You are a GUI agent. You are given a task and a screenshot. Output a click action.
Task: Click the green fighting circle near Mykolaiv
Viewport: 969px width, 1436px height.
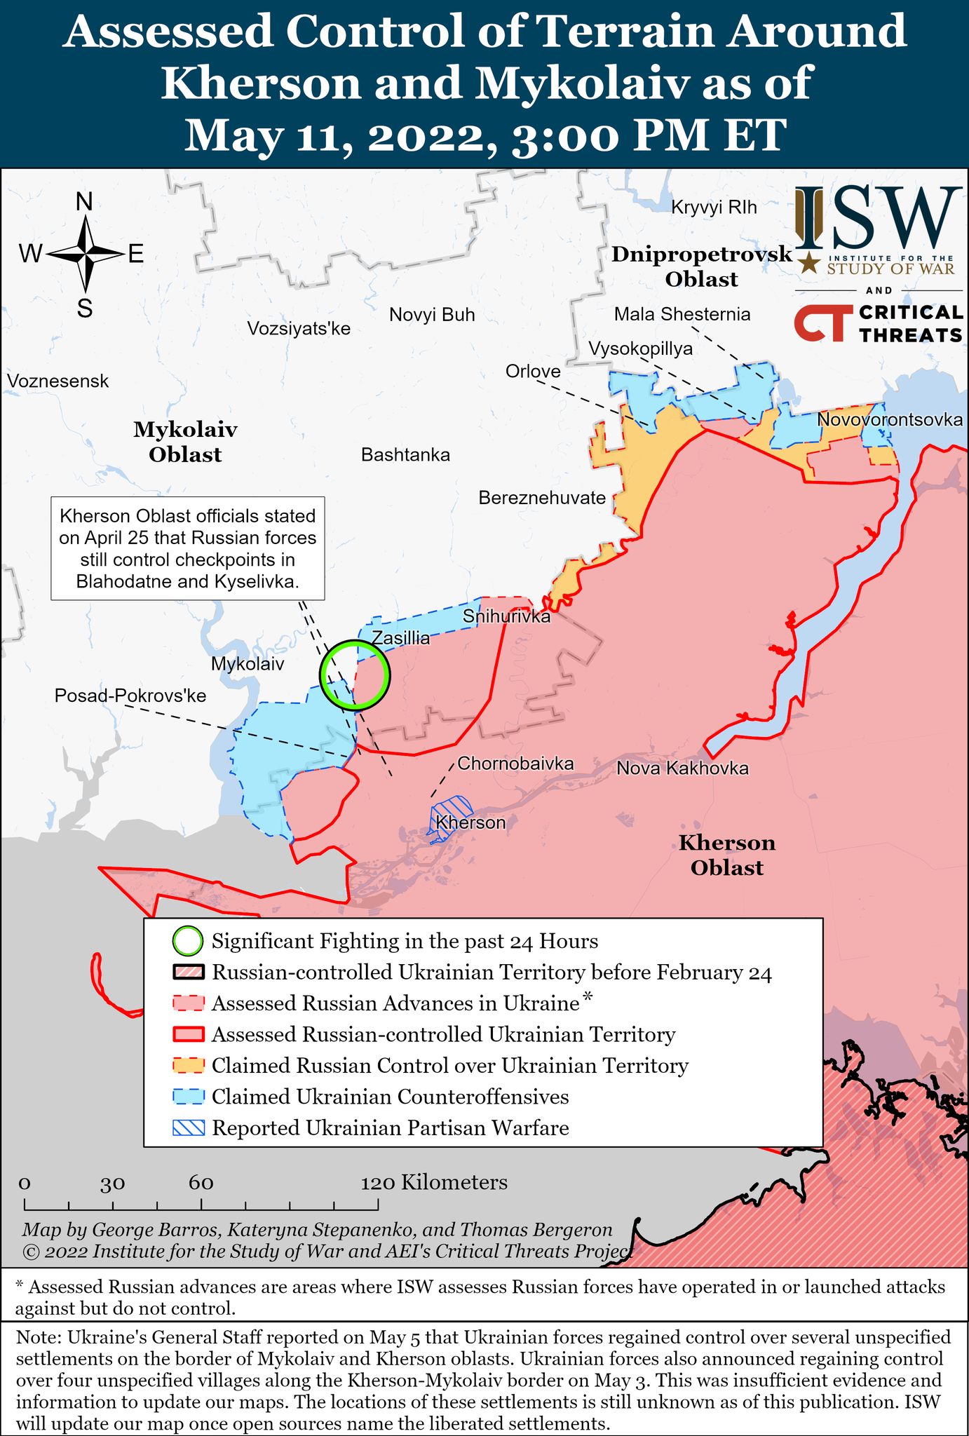[354, 675]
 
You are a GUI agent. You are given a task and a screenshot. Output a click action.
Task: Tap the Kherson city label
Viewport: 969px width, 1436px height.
[470, 822]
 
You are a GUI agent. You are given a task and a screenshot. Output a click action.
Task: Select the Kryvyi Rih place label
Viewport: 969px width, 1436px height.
[714, 207]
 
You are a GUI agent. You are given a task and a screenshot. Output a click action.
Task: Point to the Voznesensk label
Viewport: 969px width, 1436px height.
[58, 381]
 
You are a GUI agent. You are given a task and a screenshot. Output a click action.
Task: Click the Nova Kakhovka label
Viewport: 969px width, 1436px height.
[682, 768]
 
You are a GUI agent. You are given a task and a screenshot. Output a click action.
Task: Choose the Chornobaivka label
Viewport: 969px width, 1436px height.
[515, 764]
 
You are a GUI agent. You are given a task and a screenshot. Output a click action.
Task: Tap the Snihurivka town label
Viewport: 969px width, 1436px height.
[506, 617]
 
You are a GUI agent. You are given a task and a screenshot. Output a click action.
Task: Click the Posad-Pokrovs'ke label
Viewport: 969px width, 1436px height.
[130, 696]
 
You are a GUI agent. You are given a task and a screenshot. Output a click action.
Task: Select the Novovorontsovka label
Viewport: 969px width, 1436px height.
[890, 420]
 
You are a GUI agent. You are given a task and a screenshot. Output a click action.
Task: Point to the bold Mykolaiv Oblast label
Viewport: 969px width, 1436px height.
[185, 442]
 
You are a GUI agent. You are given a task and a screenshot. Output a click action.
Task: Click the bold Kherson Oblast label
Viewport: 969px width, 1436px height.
[726, 855]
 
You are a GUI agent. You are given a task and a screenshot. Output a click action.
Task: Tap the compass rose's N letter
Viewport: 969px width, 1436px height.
[84, 202]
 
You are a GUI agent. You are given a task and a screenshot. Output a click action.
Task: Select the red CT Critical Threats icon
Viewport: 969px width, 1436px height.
[819, 323]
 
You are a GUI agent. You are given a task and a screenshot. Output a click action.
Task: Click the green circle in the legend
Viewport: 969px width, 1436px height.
[188, 941]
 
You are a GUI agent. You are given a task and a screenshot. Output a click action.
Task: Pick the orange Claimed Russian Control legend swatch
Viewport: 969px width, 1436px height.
[188, 1066]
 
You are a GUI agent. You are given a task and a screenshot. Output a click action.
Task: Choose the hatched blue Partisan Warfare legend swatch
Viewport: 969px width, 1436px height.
[188, 1127]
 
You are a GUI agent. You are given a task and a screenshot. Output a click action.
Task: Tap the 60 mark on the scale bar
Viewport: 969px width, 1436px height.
[201, 1184]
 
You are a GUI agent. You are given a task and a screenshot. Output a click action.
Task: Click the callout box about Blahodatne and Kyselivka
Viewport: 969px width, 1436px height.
[187, 548]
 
